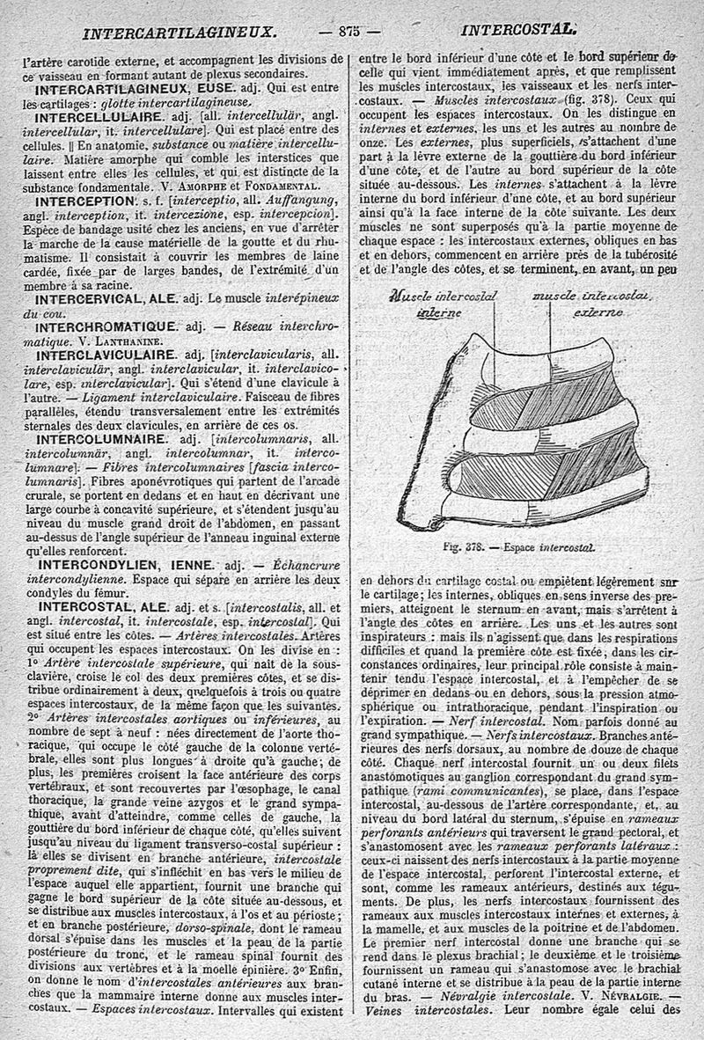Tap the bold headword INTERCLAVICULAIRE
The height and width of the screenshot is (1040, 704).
click(103, 355)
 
